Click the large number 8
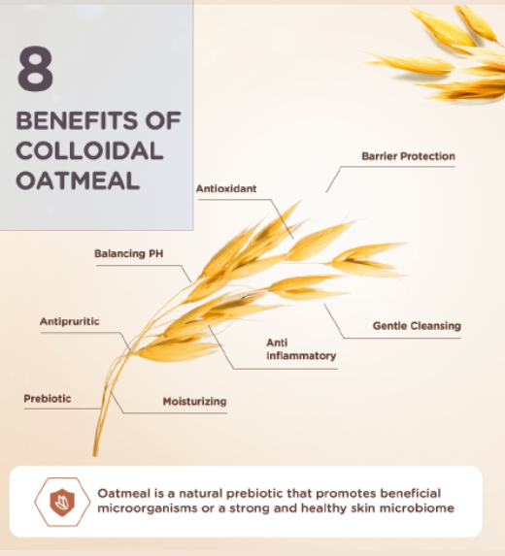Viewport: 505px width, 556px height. point(35,68)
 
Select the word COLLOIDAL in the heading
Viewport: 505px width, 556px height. point(89,150)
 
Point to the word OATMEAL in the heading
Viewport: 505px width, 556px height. point(78,180)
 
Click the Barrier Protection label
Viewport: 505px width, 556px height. point(408,156)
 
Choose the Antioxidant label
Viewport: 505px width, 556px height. point(226,188)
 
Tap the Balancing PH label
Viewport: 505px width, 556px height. point(129,253)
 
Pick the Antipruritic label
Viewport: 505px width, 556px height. point(70,321)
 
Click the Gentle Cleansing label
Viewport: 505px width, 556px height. point(417,326)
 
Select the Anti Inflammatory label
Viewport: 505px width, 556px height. point(301,349)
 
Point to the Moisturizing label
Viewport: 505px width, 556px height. point(194,402)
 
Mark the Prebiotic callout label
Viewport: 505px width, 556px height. point(48,399)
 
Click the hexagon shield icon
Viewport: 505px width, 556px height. point(62,502)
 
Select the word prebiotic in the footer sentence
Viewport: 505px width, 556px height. point(254,494)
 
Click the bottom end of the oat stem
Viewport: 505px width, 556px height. point(95,455)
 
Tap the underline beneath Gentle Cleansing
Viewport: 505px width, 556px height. point(402,339)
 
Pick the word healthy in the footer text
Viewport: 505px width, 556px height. point(324,508)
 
